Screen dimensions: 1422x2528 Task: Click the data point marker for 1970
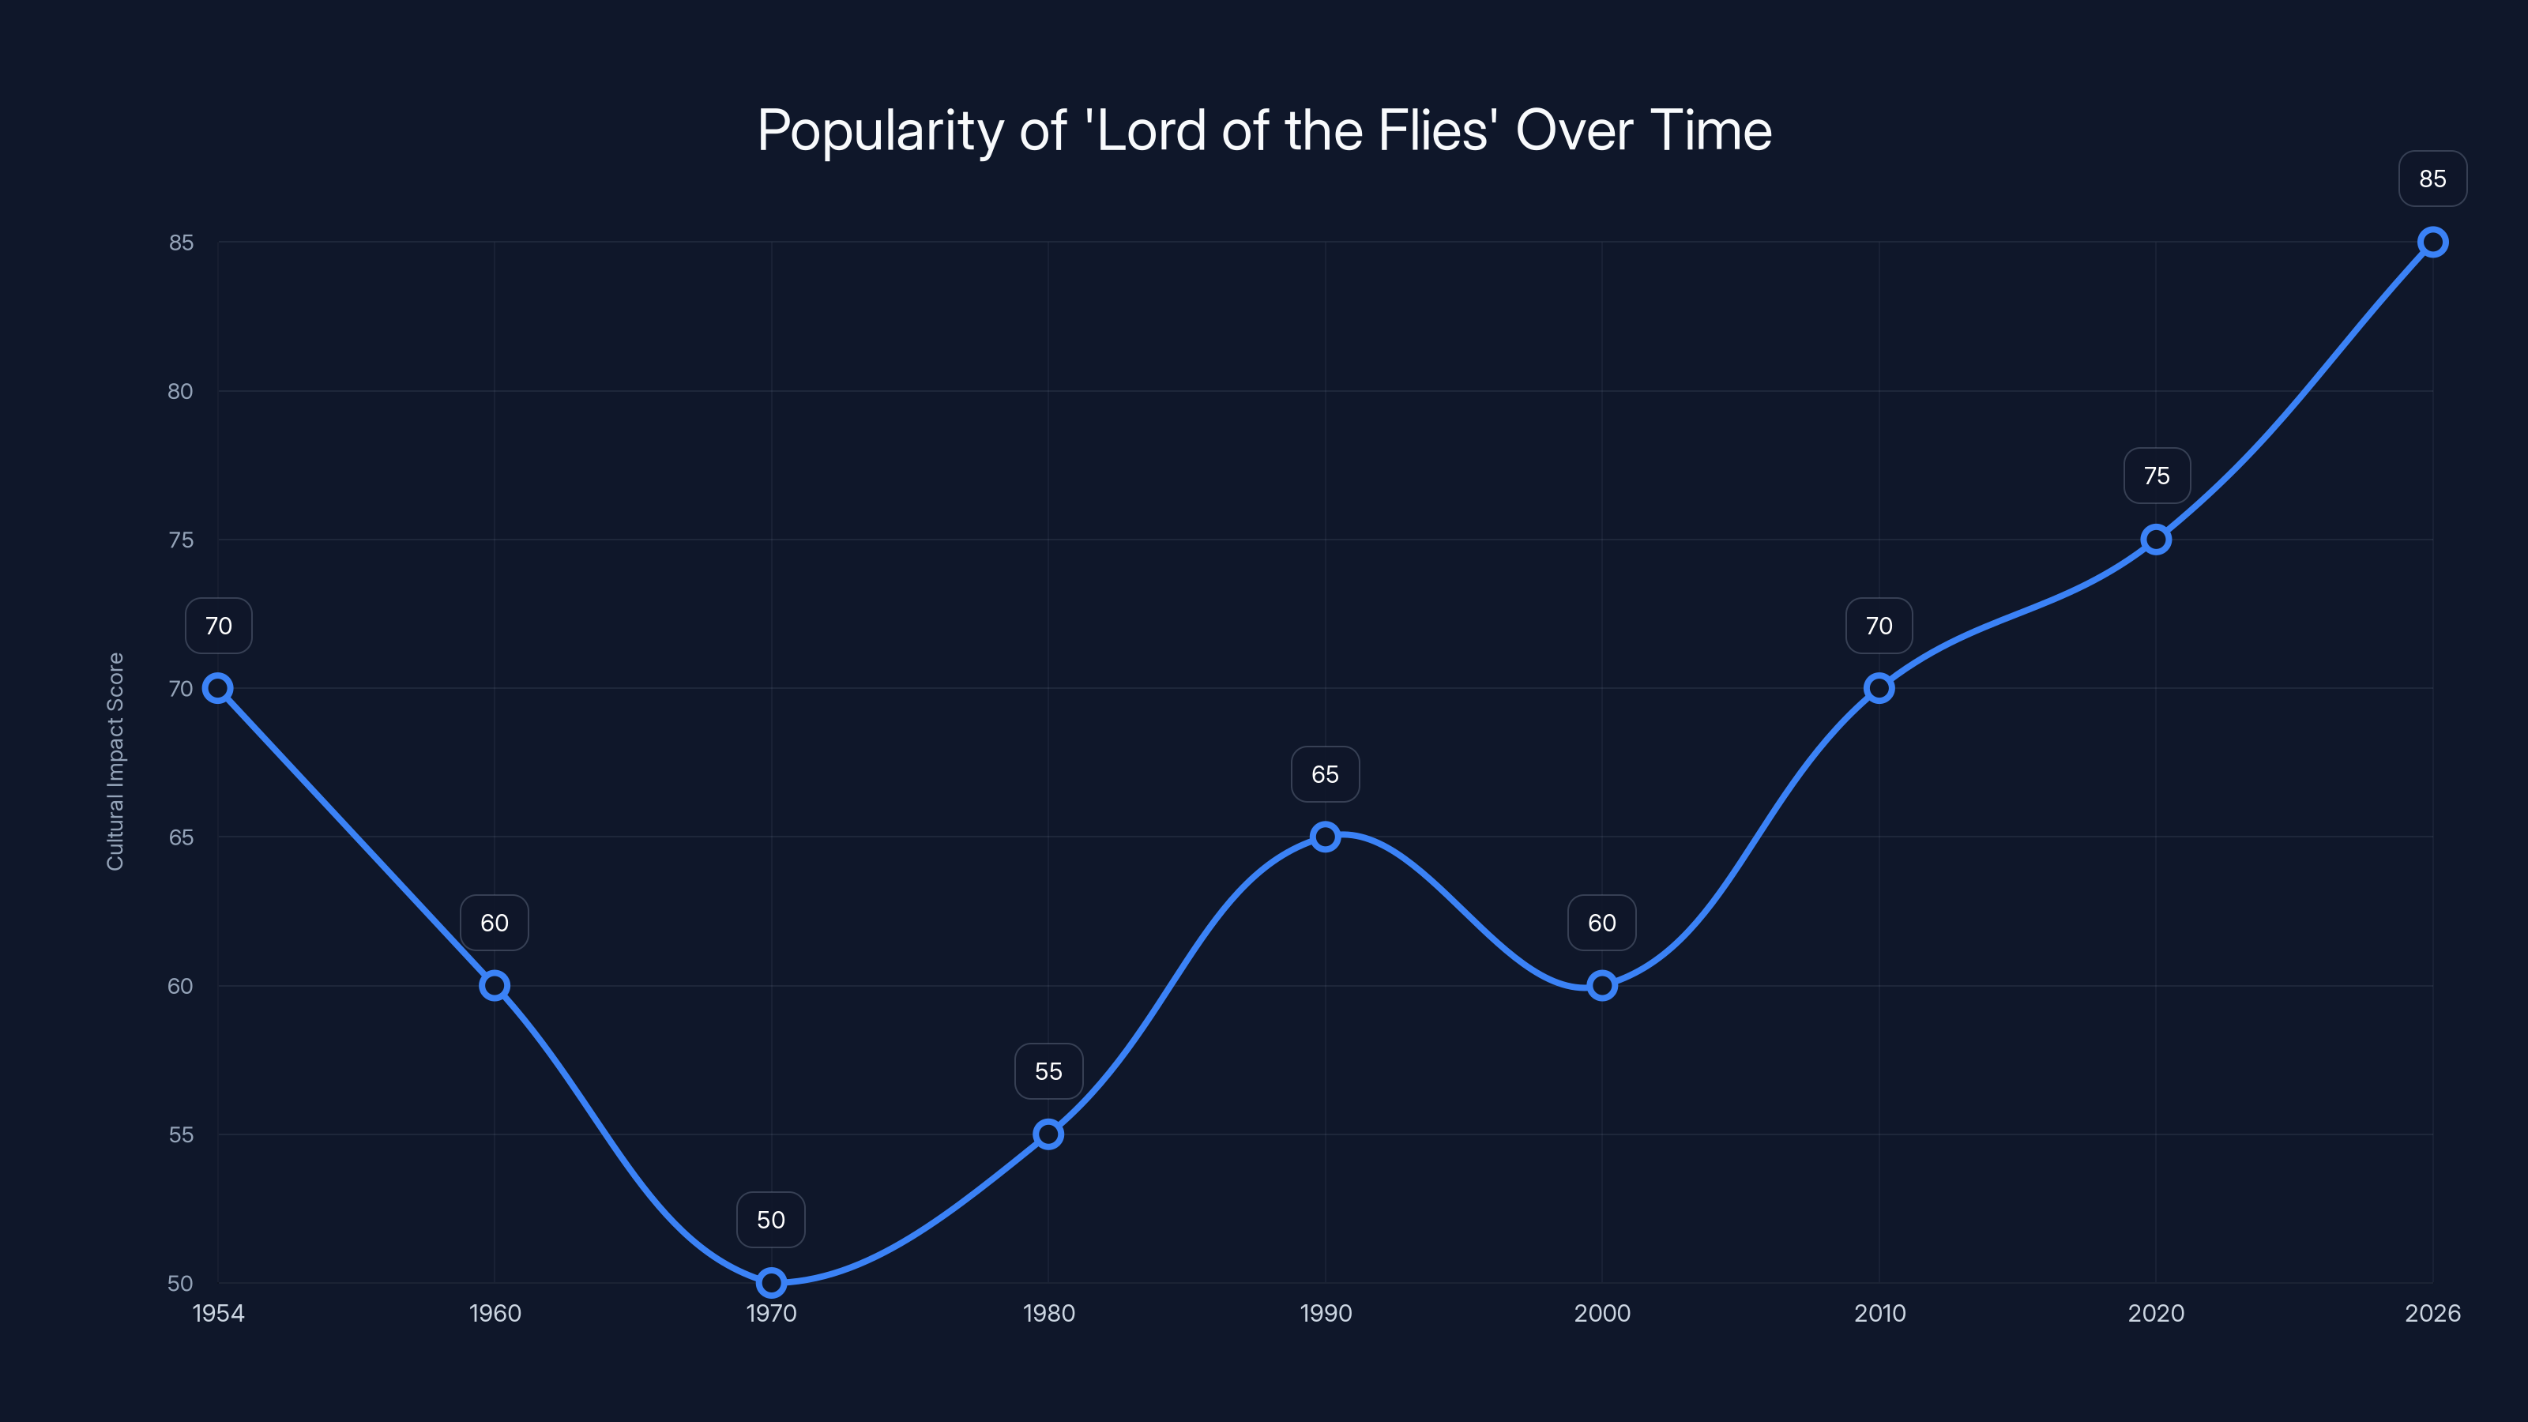coord(771,1283)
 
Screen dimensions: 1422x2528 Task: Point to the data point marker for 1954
coord(218,688)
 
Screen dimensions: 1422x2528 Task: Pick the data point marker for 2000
coord(1601,985)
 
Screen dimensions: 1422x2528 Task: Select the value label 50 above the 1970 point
coord(771,1220)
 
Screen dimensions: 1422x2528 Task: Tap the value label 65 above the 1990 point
coord(1325,774)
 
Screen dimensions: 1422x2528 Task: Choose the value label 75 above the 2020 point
coord(2156,476)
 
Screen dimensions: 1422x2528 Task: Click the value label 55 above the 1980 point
coord(1048,1072)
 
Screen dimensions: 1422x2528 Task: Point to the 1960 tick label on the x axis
coord(495,1313)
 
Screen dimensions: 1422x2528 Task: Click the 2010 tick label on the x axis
coord(1879,1313)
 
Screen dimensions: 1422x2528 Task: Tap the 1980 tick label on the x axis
coord(1048,1313)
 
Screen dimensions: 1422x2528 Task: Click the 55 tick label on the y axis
coord(181,1134)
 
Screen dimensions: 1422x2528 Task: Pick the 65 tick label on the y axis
coord(181,837)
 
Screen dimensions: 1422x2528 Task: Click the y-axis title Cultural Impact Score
coord(116,761)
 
